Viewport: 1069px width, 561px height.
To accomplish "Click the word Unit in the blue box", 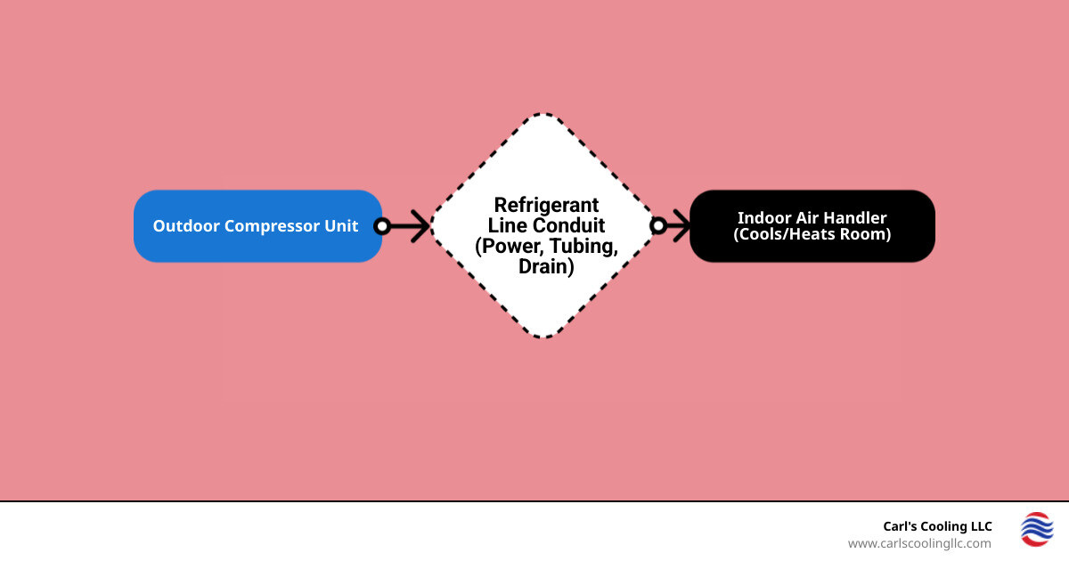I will (x=342, y=226).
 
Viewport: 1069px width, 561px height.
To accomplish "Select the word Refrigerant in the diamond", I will (x=546, y=205).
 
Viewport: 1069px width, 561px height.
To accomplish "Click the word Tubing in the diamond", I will (x=583, y=247).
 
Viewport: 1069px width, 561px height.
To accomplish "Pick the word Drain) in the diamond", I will (x=546, y=266).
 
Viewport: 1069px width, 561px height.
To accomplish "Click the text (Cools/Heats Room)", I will (x=812, y=235).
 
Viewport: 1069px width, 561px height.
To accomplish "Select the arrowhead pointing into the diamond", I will (x=422, y=226).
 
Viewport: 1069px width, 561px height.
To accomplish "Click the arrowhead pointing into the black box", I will (x=681, y=226).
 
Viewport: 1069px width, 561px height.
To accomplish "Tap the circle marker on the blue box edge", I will (x=382, y=226).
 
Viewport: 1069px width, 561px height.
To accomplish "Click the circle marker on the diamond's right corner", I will (x=658, y=226).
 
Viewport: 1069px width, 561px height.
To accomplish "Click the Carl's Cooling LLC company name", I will (x=936, y=526).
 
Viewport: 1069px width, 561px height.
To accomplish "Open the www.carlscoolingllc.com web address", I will (x=918, y=543).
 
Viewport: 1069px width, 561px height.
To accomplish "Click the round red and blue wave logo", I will (x=1036, y=529).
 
